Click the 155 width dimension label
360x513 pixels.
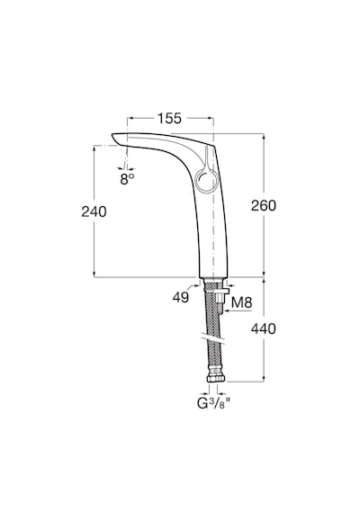coord(169,118)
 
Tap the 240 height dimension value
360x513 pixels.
coord(94,211)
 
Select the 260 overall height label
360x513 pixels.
coord(264,205)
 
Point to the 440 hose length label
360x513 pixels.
coord(264,328)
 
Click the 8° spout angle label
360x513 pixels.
coord(127,179)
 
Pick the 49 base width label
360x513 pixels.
coord(181,297)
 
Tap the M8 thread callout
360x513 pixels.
coord(241,302)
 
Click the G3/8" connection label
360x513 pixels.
coord(211,404)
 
